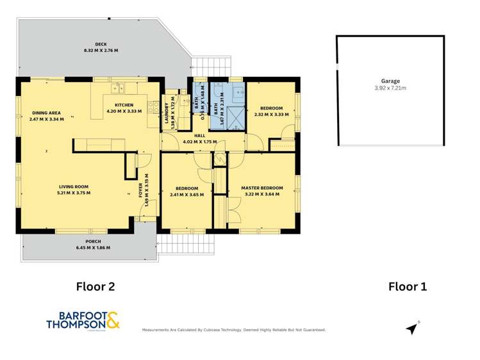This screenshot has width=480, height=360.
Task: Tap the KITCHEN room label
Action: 124,105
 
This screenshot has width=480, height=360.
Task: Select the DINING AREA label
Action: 46,113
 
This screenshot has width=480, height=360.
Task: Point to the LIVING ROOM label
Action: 73,187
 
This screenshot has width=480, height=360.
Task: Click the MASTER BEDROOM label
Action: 261,188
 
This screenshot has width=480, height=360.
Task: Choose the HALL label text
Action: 199,135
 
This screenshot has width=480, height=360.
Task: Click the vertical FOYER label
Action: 140,190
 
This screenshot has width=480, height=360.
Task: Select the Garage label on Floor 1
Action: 390,81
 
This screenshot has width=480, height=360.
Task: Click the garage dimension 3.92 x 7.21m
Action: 390,88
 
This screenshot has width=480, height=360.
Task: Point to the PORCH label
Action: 93,242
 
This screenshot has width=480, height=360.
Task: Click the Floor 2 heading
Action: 95,286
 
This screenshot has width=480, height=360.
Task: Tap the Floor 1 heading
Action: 408,286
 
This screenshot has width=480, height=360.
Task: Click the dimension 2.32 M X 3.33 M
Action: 272,114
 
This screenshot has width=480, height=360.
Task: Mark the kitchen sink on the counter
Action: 118,88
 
